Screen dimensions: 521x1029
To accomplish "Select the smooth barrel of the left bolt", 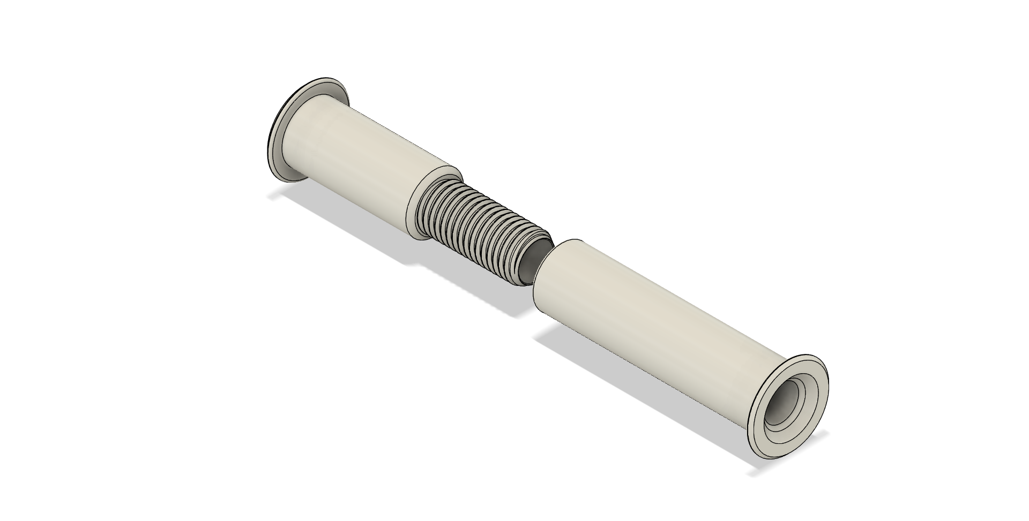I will point(364,161).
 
